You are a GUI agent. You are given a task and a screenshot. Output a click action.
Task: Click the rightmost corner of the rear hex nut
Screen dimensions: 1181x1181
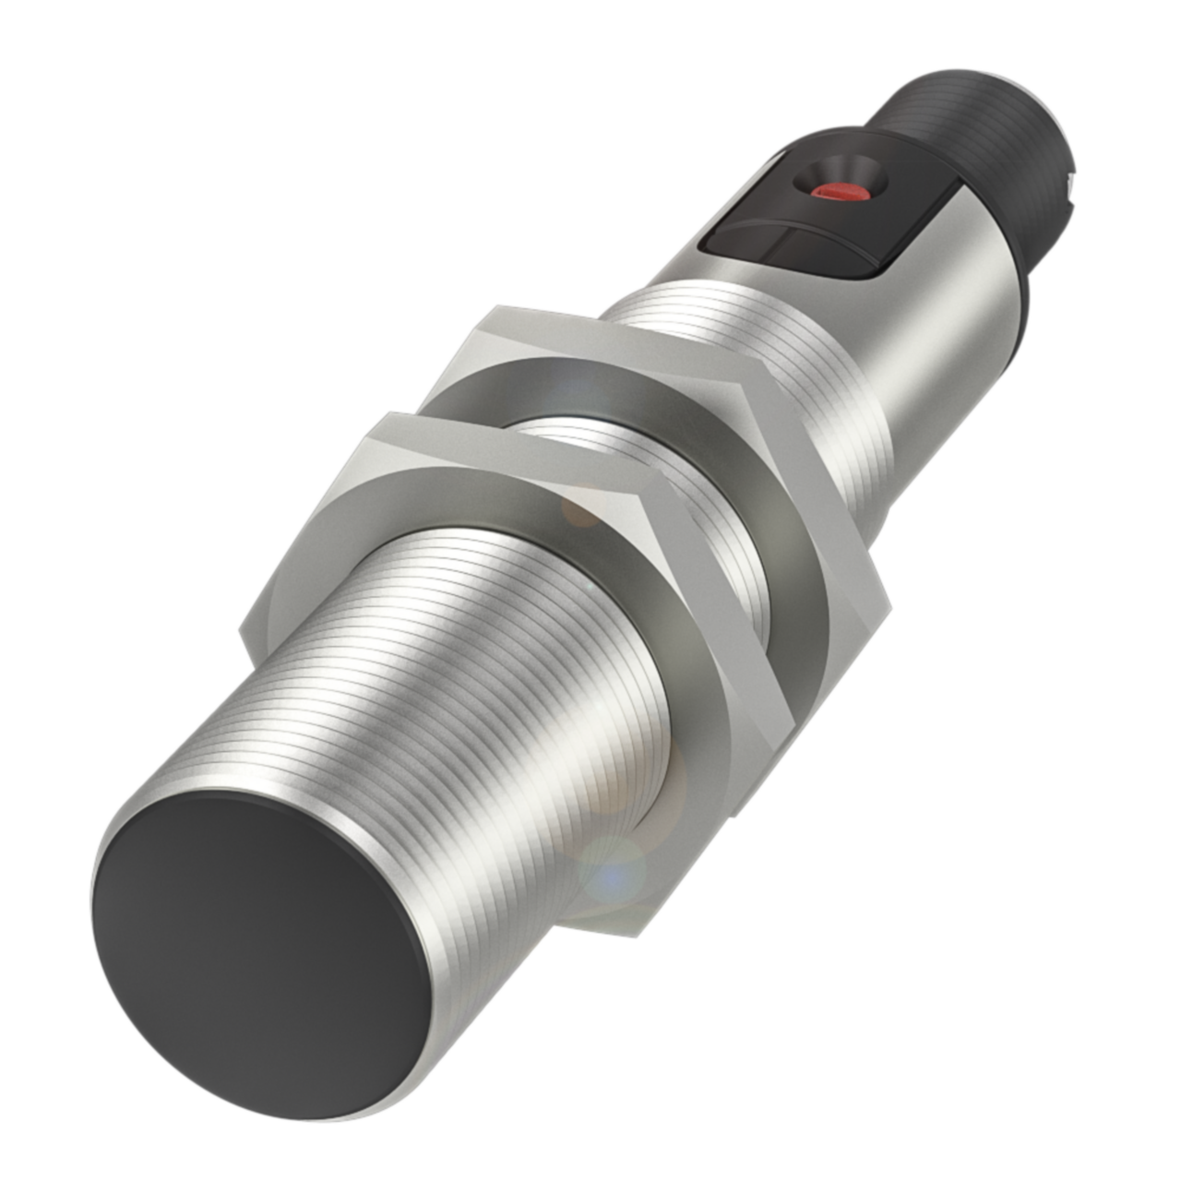tap(889, 608)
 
